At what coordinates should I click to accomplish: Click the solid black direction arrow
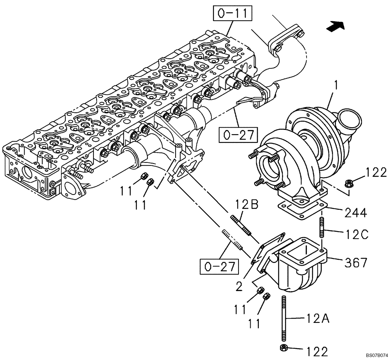[x=336, y=26]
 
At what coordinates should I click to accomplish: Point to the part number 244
[x=355, y=213]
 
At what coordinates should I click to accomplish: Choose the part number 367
[x=355, y=262]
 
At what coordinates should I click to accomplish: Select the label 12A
[x=317, y=320]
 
